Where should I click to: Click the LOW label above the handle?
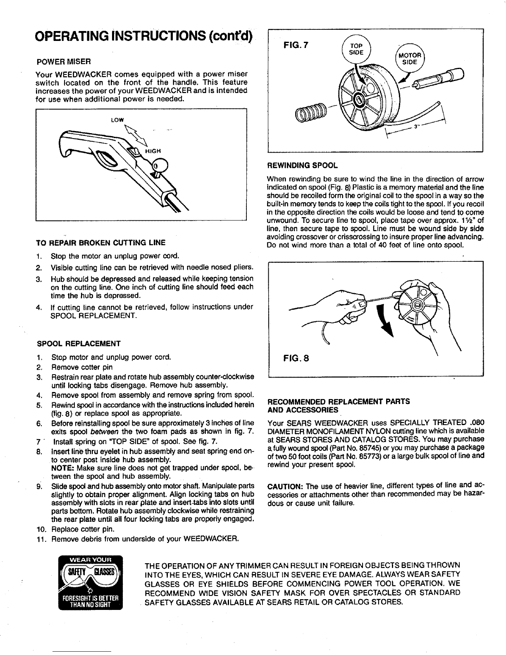118,120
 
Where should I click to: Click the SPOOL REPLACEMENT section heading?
79,344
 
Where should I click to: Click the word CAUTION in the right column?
284,485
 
